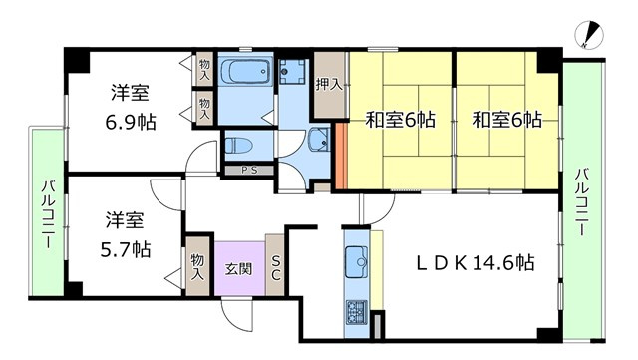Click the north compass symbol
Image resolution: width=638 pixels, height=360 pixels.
click(589, 35)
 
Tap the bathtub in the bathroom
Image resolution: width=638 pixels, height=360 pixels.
click(245, 70)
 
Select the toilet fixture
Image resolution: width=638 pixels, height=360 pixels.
click(239, 145)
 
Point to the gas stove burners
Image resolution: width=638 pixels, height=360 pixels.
click(357, 312)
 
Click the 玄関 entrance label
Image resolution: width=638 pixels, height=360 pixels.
click(239, 269)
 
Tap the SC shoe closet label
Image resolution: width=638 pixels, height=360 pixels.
click(275, 267)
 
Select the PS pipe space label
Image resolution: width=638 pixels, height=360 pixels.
click(249, 171)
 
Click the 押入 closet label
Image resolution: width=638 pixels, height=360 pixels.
click(329, 85)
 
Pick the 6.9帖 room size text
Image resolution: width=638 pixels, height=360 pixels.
click(131, 122)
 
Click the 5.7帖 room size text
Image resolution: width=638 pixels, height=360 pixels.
click(126, 249)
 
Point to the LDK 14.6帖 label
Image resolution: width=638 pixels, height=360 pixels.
click(476, 263)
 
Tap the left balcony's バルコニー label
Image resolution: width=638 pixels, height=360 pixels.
click(48, 214)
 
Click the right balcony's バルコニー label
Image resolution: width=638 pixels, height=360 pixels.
click(582, 202)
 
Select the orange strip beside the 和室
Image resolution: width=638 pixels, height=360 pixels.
click(341, 157)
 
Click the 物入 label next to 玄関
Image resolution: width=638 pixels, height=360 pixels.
click(197, 266)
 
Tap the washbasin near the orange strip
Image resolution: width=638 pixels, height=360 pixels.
click(319, 140)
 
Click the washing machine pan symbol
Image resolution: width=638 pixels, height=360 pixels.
click(292, 72)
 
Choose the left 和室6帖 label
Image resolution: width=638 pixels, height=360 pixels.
click(401, 120)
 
